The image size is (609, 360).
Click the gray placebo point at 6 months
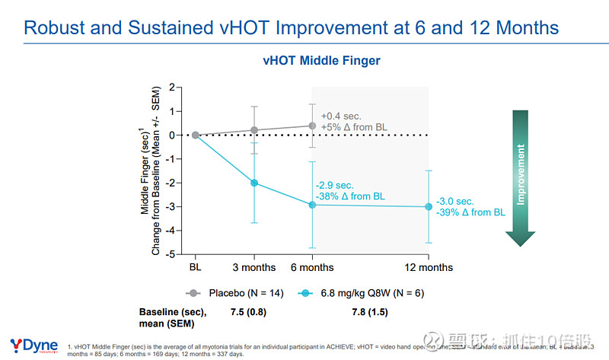tap(312, 126)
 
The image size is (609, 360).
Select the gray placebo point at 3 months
tap(254, 130)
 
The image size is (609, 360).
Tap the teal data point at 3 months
tap(254, 183)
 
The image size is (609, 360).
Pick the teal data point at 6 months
tap(312, 205)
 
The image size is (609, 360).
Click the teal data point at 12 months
tap(429, 206)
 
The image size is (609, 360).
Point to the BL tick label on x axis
tap(196, 267)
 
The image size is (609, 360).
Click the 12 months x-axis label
tap(429, 267)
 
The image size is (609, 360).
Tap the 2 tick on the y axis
tap(173, 88)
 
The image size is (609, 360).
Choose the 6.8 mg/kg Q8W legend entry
tap(365, 292)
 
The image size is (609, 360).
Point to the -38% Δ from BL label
tap(351, 196)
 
